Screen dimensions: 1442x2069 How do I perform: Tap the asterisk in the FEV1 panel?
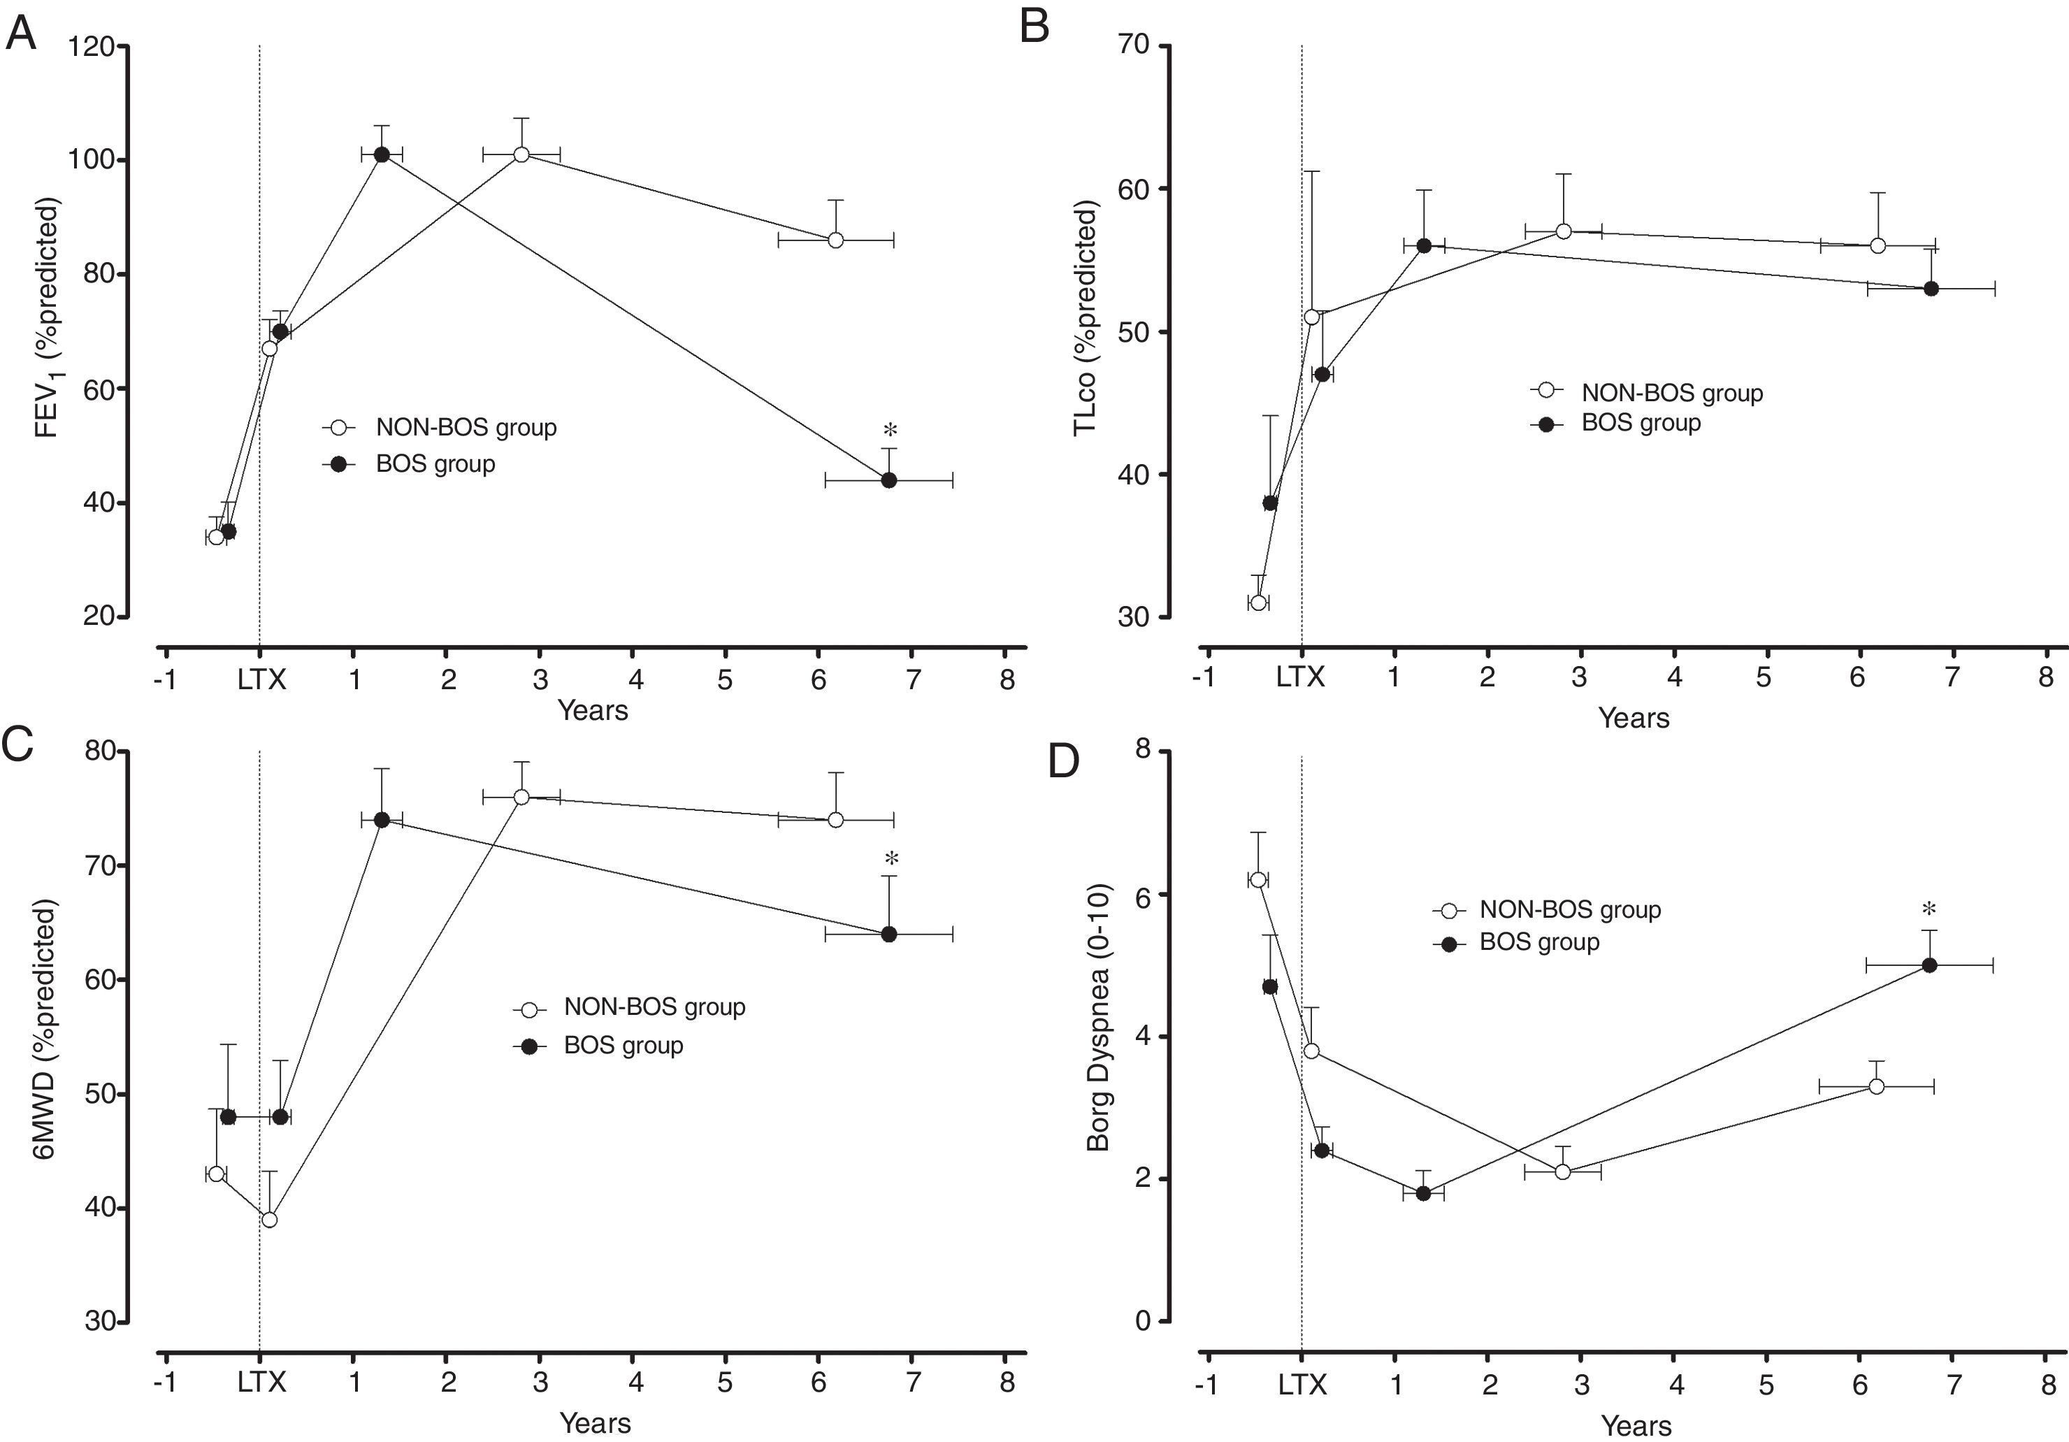click(891, 430)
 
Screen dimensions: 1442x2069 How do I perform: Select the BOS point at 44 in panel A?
click(888, 480)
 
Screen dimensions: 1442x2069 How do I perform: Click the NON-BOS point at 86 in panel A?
click(835, 240)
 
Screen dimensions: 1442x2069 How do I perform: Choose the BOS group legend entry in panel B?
click(1640, 424)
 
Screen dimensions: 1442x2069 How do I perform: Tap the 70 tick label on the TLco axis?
click(1137, 46)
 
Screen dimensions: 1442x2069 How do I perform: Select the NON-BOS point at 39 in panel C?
click(268, 1220)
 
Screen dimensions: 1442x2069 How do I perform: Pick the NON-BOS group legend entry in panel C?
click(654, 1007)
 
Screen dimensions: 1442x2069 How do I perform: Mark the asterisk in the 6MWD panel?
click(891, 858)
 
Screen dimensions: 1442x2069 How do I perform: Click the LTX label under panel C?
click(261, 1382)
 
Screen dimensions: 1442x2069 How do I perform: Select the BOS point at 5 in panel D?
click(1929, 965)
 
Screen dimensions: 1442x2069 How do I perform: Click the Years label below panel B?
click(1633, 719)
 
